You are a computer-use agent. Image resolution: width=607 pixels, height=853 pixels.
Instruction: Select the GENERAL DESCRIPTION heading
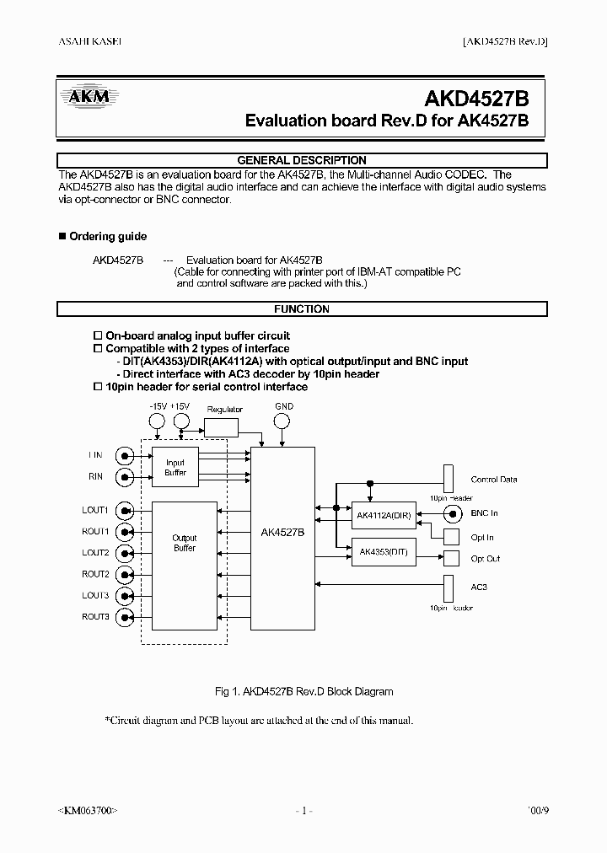pyautogui.click(x=302, y=160)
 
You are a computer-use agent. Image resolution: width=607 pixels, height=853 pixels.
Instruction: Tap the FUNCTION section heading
pyautogui.click(x=302, y=309)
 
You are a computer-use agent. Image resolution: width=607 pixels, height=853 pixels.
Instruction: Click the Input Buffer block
pyautogui.click(x=175, y=468)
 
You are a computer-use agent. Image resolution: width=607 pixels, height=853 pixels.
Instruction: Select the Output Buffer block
pyautogui.click(x=184, y=543)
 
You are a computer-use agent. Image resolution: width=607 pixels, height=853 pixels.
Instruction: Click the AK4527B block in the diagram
pyautogui.click(x=283, y=534)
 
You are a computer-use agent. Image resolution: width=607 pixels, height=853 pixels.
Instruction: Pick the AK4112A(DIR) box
pyautogui.click(x=384, y=515)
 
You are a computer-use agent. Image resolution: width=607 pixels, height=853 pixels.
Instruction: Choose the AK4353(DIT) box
pyautogui.click(x=384, y=552)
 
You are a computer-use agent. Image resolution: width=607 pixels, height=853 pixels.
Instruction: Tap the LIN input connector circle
pyautogui.click(x=126, y=456)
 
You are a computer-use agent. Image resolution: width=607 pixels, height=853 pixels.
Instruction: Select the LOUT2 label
pyautogui.click(x=95, y=553)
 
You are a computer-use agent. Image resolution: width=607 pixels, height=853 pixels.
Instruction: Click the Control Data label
pyautogui.click(x=494, y=480)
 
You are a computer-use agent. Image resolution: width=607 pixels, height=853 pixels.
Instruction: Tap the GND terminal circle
pyautogui.click(x=284, y=425)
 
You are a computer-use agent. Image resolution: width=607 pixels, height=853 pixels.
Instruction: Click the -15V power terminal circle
pyautogui.click(x=158, y=425)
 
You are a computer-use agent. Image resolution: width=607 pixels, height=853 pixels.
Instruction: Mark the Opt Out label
pyautogui.click(x=485, y=559)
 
